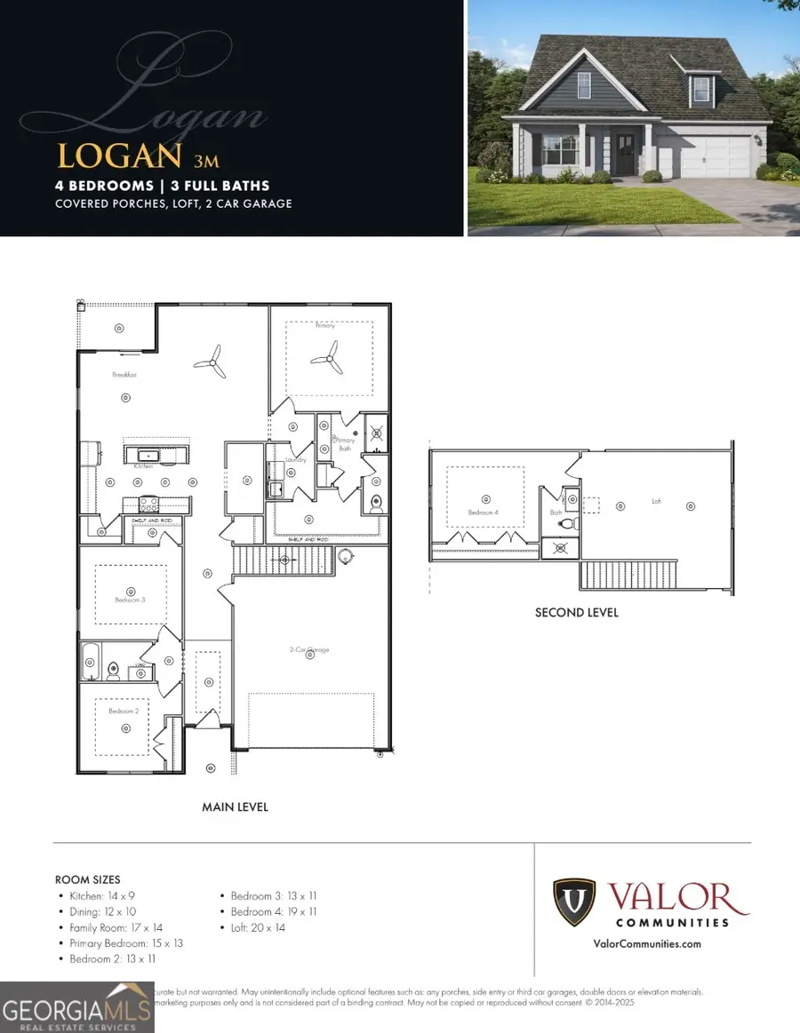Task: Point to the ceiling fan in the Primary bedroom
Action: click(x=325, y=360)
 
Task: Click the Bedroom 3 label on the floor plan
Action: click(x=129, y=600)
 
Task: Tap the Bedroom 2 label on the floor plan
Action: click(x=124, y=711)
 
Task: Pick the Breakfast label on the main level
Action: click(x=124, y=376)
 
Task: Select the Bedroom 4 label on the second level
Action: click(x=484, y=513)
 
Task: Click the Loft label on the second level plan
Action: click(x=656, y=501)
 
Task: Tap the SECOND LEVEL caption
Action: click(x=576, y=613)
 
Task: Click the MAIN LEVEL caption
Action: click(x=235, y=807)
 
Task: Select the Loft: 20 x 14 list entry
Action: click(x=259, y=927)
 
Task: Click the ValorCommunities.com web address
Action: click(x=646, y=944)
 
